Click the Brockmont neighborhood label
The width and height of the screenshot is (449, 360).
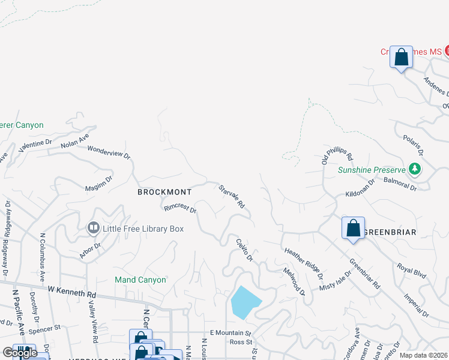click(x=164, y=192)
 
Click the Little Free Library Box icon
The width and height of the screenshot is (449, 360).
click(x=93, y=227)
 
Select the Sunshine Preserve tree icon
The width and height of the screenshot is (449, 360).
click(x=414, y=169)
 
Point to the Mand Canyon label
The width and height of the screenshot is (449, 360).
click(x=140, y=280)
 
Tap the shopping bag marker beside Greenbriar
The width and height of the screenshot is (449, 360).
click(x=353, y=228)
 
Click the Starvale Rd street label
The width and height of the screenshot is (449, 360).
click(x=232, y=196)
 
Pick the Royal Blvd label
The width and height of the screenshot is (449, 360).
click(x=412, y=271)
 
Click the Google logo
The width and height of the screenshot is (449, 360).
click(x=20, y=353)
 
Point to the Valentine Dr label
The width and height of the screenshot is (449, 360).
click(x=39, y=144)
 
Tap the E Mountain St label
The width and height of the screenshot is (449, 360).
click(x=230, y=332)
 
